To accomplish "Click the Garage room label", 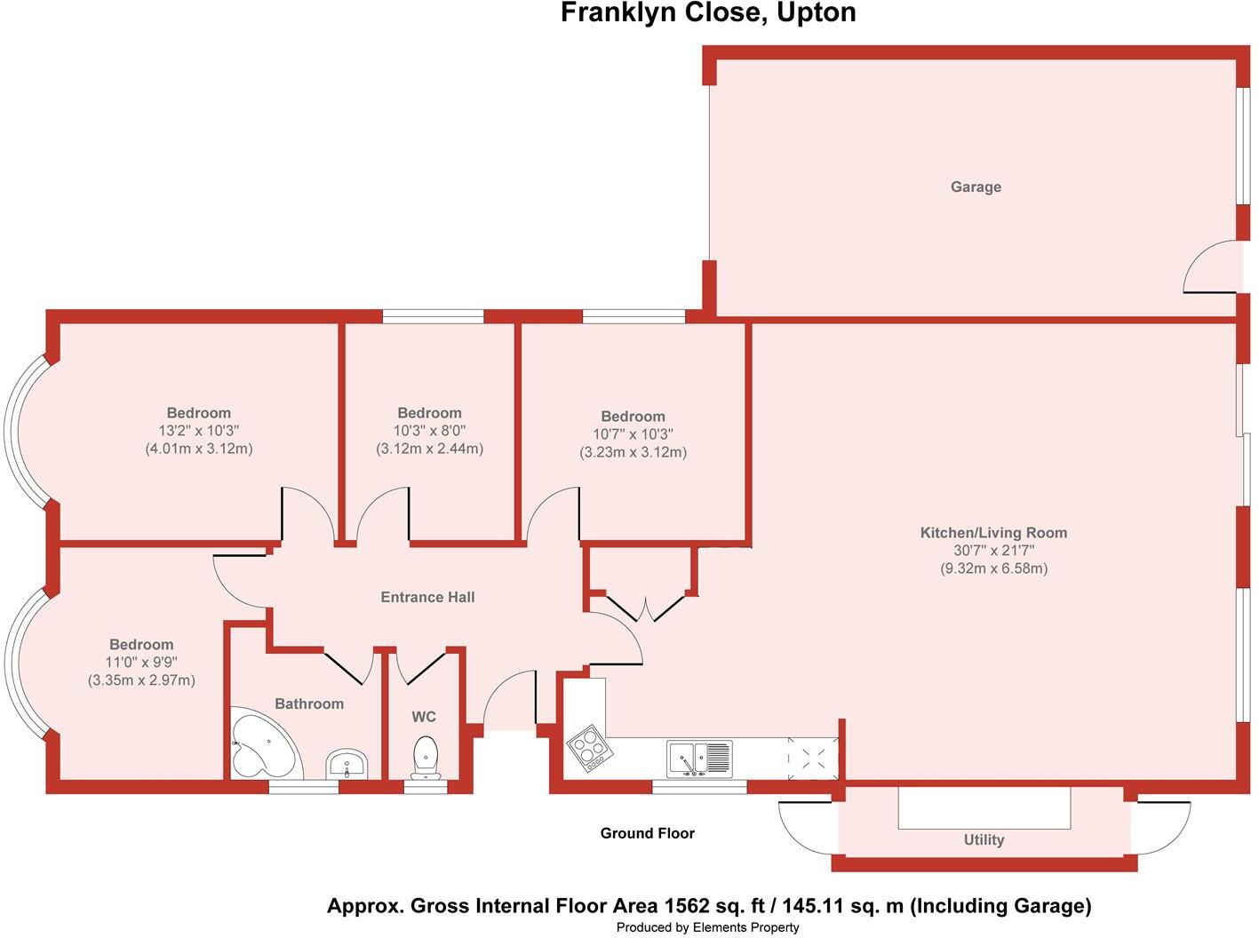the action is pyautogui.click(x=976, y=187).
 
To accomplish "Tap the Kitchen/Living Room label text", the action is pyautogui.click(x=993, y=533).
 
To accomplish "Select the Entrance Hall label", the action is pyautogui.click(x=427, y=598).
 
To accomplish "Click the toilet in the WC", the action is pyautogui.click(x=425, y=758).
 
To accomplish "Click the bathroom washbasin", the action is pyautogui.click(x=347, y=764).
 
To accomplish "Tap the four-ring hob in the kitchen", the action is pyautogui.click(x=590, y=748).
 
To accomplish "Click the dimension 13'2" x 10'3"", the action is pyautogui.click(x=198, y=431).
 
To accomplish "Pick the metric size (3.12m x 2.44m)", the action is pyautogui.click(x=430, y=449).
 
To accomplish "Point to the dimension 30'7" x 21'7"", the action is pyautogui.click(x=993, y=551).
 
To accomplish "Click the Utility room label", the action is pyautogui.click(x=984, y=840).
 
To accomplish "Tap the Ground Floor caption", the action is pyautogui.click(x=647, y=833).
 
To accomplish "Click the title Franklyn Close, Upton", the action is pyautogui.click(x=708, y=12).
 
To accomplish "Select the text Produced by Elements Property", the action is pyautogui.click(x=708, y=927).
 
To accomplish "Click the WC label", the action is pyautogui.click(x=424, y=717).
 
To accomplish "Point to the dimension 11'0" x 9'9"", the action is pyautogui.click(x=141, y=663).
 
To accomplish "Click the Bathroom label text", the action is pyautogui.click(x=309, y=703).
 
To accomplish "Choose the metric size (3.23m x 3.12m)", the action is pyautogui.click(x=633, y=452).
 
